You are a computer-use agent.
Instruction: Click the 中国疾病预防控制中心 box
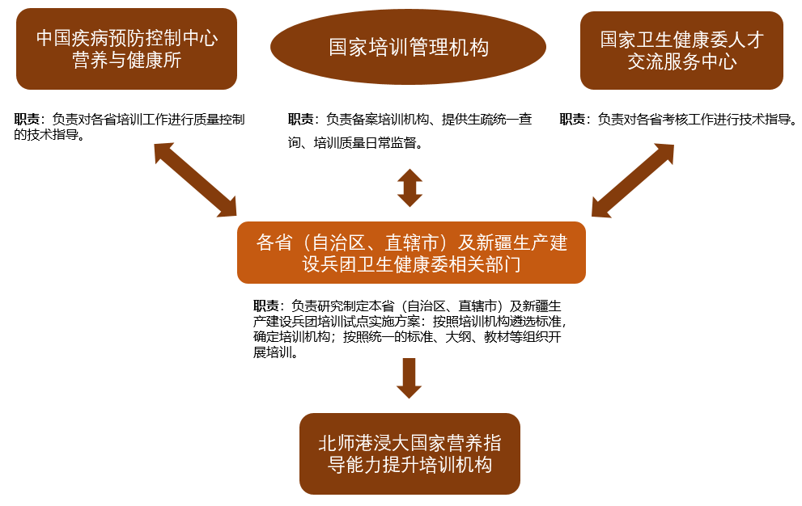tap(126, 48)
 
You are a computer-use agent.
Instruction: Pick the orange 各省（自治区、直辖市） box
tap(411, 252)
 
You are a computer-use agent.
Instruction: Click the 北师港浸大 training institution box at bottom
tap(409, 453)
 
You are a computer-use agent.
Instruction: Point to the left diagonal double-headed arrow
tap(194, 180)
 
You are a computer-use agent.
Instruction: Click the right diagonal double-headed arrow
tap(633, 180)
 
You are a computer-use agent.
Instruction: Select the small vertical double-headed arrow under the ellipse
tap(409, 188)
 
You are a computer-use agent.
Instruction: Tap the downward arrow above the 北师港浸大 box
tap(409, 377)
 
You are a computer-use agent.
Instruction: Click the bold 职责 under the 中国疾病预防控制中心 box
tap(27, 120)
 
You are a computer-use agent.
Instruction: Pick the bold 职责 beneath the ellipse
tap(300, 120)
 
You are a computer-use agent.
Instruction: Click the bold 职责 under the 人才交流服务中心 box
tap(572, 120)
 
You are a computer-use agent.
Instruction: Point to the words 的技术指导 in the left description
tap(49, 135)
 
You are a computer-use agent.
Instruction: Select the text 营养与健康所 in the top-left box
tap(126, 61)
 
